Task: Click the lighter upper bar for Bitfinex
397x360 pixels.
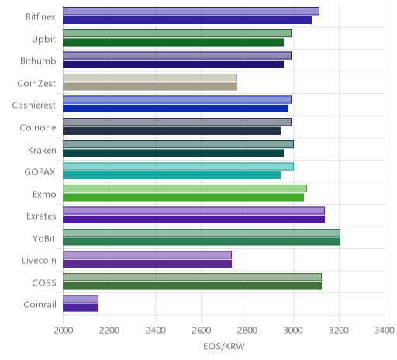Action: (x=191, y=11)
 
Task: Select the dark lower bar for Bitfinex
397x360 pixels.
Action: (x=187, y=20)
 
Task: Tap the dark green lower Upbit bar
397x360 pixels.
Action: (x=173, y=42)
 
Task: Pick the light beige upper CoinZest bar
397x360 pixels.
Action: (x=150, y=78)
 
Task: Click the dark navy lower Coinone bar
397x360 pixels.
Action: (x=171, y=131)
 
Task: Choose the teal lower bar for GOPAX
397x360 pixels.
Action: (x=171, y=175)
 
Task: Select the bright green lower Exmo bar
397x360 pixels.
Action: (x=183, y=197)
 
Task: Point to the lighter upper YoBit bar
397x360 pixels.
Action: (x=202, y=233)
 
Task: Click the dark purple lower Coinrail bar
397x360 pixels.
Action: (x=81, y=308)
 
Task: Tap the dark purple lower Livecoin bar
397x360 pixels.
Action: (x=147, y=264)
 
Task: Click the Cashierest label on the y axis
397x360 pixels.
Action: (x=34, y=106)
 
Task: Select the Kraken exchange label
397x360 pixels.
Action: (x=42, y=150)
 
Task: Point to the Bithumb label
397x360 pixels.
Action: (x=38, y=61)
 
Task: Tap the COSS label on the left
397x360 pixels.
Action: (x=44, y=282)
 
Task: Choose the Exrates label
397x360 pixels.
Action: (x=41, y=216)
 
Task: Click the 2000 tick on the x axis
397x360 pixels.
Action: (x=64, y=331)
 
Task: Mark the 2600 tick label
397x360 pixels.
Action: (x=202, y=331)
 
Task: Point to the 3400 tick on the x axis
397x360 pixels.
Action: (x=385, y=331)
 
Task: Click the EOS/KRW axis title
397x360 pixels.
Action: (x=224, y=346)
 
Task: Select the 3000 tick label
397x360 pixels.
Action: (x=293, y=331)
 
